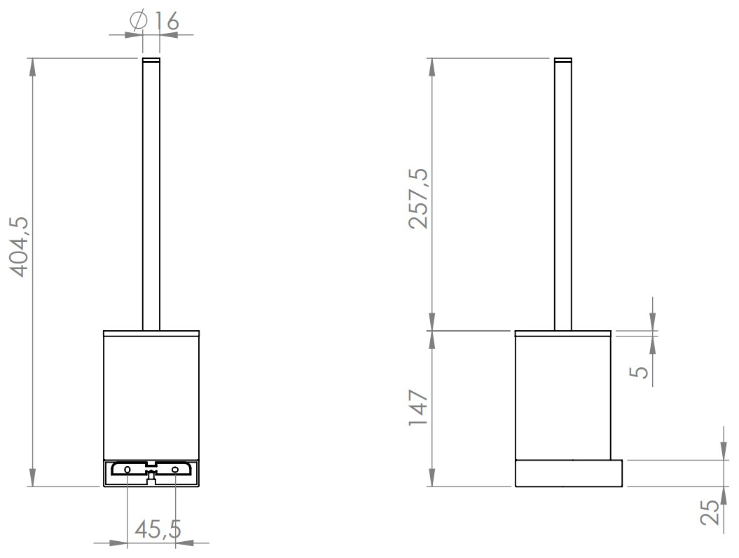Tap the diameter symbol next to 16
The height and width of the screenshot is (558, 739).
click(138, 21)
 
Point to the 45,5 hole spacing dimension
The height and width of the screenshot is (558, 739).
click(158, 529)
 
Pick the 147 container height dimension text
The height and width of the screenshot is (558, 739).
click(419, 408)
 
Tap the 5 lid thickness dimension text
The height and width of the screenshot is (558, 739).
click(640, 369)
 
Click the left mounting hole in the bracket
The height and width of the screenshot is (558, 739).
click(127, 468)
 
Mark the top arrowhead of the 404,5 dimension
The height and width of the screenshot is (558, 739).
click(32, 64)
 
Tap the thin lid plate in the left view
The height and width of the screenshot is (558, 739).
click(151, 333)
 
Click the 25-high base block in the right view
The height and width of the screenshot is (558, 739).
click(568, 473)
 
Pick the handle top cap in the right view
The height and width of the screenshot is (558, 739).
click(563, 59)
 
